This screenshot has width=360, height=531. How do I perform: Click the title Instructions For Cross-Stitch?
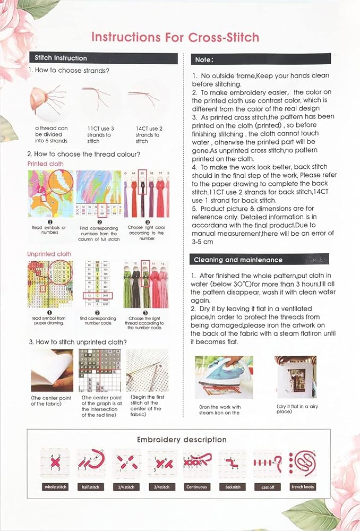coord(175,37)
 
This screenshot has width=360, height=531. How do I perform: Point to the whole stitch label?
coord(55,486)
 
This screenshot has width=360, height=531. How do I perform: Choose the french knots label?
coord(303,486)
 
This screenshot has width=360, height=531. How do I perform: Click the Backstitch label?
coord(233,486)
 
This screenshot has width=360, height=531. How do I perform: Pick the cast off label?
coord(268,486)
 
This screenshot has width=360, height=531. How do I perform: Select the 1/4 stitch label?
coord(126,486)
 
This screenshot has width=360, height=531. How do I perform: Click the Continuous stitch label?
coord(197,486)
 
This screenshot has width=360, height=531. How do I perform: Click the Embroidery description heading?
coord(182,440)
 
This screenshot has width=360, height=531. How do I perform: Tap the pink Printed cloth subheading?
coord(45,164)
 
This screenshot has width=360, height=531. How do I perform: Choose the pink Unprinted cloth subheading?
coord(49,254)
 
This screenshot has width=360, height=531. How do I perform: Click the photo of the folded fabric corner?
coord(52,371)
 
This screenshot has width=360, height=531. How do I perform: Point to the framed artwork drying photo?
coord(295,376)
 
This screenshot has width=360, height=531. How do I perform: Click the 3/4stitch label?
coord(162,486)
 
